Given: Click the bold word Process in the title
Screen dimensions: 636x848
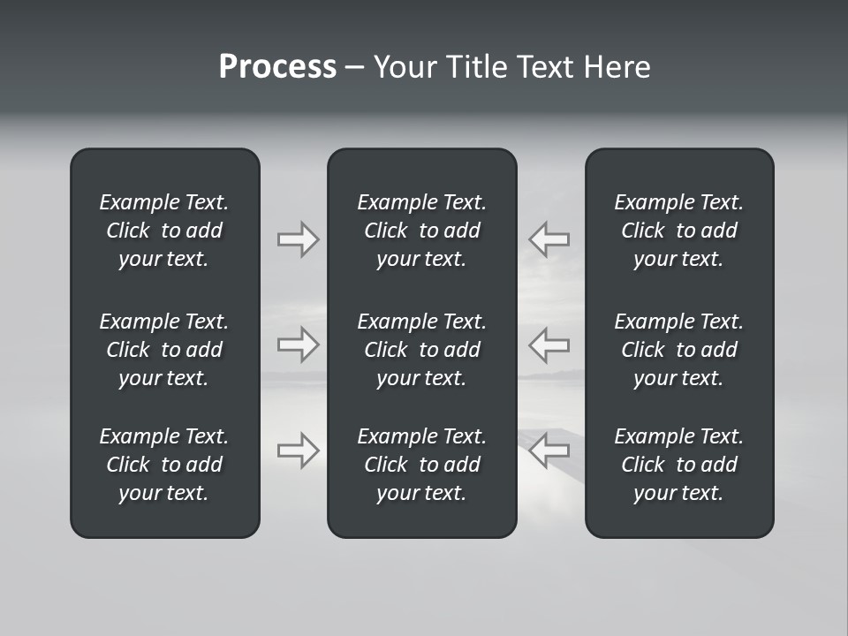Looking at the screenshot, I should [x=277, y=67].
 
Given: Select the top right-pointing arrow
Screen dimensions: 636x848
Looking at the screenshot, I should [x=298, y=239].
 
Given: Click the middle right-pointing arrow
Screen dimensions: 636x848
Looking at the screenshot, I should [x=298, y=344].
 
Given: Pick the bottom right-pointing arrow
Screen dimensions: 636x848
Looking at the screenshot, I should [x=298, y=450].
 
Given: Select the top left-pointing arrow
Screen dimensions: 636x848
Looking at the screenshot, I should [x=549, y=239].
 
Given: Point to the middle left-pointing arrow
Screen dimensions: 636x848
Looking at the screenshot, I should [x=549, y=344].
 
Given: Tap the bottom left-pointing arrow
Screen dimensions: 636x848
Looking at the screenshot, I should [x=549, y=450].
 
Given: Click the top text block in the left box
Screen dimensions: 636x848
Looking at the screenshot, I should [x=164, y=231].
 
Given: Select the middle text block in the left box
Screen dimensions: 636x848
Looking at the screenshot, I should [x=164, y=350].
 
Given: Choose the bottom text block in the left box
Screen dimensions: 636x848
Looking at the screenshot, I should [x=164, y=465].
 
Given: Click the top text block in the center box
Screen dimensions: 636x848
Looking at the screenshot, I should [x=422, y=231].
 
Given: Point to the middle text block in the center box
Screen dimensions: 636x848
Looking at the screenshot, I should [x=422, y=350].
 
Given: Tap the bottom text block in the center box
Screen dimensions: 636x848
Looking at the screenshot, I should [x=422, y=465].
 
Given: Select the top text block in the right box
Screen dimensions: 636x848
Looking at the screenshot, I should [x=679, y=231].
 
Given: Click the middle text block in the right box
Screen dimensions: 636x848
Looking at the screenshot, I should [x=679, y=350].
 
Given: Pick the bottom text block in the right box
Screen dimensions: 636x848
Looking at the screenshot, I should [x=679, y=465].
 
